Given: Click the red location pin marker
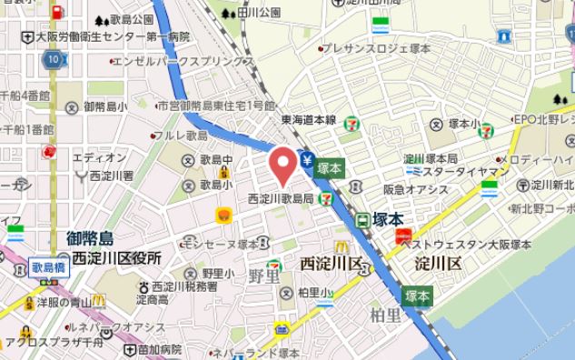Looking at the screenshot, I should pos(283,164).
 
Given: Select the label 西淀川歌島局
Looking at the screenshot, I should pos(282,198).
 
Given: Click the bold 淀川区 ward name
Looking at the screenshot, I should pos(438,264).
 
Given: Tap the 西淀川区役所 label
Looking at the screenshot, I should pos(116,258).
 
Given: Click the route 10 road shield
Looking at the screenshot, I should pos(54,59).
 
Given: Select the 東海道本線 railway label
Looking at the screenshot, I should pos(308,119).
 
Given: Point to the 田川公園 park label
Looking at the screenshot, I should pos(259,13).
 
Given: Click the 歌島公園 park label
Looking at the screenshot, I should pos(132,19).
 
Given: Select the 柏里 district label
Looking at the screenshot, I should pos(385,315).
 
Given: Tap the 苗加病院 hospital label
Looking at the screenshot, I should pos(160,349).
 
